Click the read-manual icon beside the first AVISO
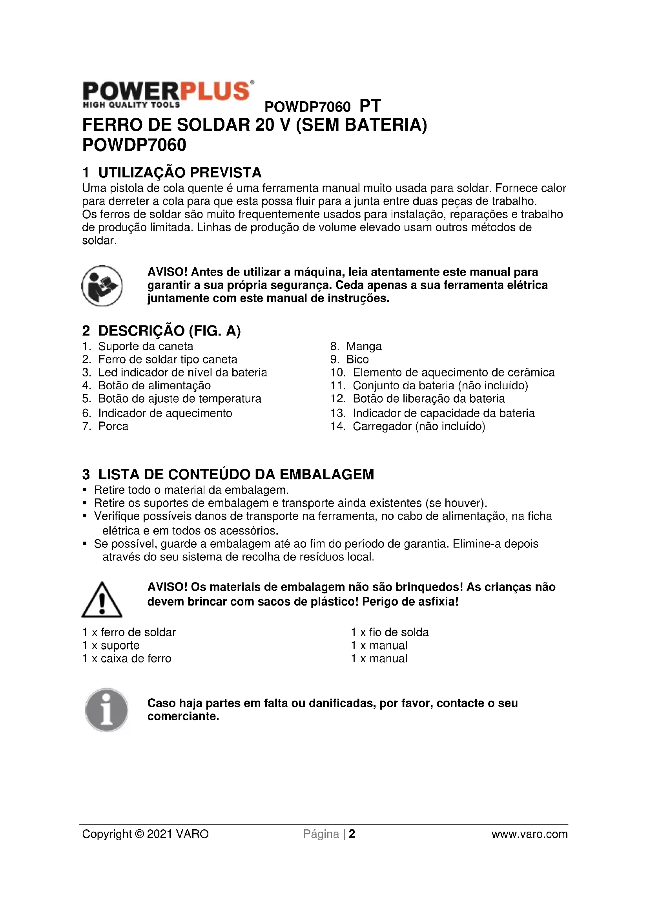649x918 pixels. click(x=102, y=285)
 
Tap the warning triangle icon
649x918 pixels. click(x=102, y=600)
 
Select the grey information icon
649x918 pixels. click(x=106, y=710)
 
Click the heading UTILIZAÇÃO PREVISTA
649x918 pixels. click(x=179, y=172)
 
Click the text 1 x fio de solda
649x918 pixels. click(x=390, y=632)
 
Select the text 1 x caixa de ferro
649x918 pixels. click(x=127, y=658)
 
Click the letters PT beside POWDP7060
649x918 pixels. click(x=370, y=106)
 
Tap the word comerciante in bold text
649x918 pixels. click(x=182, y=716)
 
